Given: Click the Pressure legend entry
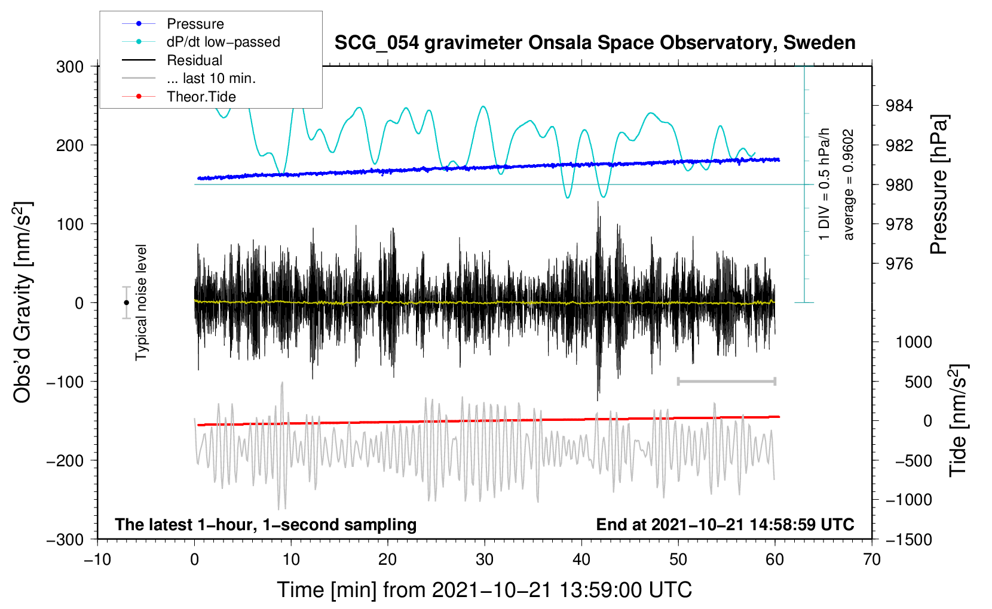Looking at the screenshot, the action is (x=173, y=23).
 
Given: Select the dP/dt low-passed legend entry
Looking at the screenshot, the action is (x=201, y=42).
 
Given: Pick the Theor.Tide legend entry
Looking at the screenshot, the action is (x=179, y=97).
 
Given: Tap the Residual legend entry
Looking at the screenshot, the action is (x=172, y=60).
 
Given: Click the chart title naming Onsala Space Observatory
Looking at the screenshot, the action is (x=595, y=43).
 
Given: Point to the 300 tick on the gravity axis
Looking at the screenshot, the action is (x=70, y=67).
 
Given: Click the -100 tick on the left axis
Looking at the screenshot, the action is (x=65, y=382).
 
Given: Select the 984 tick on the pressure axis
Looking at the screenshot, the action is (x=899, y=105).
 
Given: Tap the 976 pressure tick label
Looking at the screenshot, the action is (x=899, y=264).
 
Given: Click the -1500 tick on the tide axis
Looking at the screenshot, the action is (x=909, y=540).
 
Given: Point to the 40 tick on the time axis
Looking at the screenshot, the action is (x=581, y=559).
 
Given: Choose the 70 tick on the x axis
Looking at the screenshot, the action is (x=872, y=559).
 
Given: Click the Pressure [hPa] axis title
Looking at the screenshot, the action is (x=939, y=184).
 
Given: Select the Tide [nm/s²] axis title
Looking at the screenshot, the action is (x=959, y=420).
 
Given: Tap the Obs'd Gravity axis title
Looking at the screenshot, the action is (x=22, y=302).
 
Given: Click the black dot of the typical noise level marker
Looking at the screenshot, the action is (x=126, y=303).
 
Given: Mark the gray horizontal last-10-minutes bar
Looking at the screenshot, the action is (x=726, y=381).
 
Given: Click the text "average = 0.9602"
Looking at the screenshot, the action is (x=848, y=184).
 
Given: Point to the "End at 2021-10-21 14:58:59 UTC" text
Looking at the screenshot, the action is (x=725, y=524).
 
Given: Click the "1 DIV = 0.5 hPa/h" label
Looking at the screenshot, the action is (x=823, y=184).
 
